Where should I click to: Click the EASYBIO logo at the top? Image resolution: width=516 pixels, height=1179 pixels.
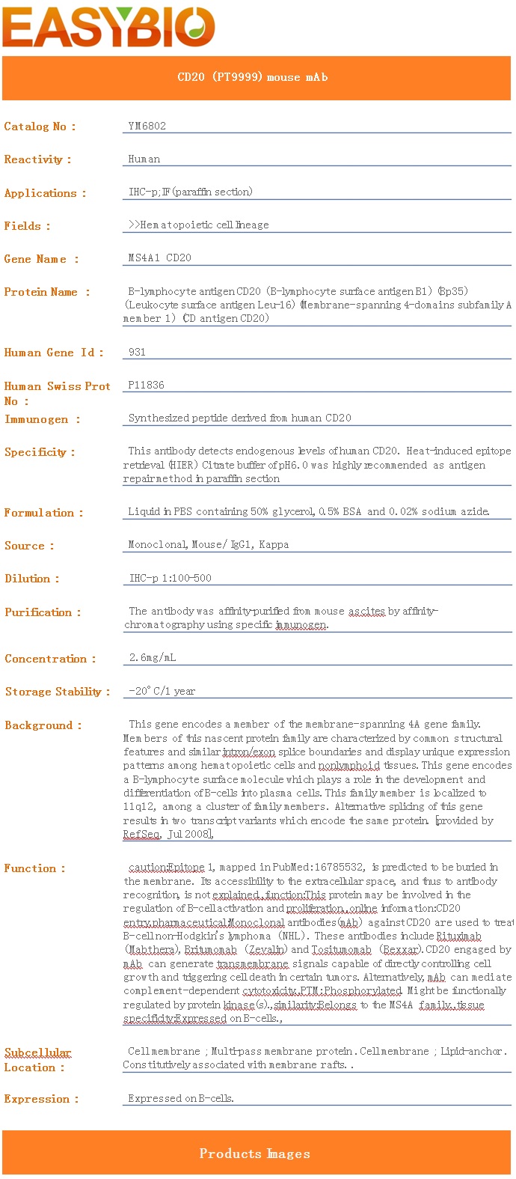(x=109, y=27)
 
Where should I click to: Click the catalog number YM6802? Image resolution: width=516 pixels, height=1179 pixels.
(x=147, y=126)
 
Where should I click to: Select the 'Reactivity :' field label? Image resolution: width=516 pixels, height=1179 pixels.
(x=37, y=159)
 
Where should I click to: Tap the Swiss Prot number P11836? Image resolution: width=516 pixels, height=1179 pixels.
(x=146, y=385)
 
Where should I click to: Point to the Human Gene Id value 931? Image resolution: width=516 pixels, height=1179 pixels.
(x=137, y=352)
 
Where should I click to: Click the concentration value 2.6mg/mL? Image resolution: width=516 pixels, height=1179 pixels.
(x=153, y=658)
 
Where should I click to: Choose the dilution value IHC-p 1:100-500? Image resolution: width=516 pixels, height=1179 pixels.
(x=170, y=578)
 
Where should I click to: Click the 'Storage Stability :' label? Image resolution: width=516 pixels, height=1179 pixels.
(x=57, y=692)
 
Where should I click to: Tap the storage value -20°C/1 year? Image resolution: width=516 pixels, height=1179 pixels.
(x=162, y=691)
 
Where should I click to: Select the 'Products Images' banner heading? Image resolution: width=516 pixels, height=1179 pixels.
(x=255, y=1154)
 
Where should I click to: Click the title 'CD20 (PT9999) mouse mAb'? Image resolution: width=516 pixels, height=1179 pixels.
(x=253, y=77)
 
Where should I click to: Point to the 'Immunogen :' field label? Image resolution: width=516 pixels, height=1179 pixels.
(x=42, y=419)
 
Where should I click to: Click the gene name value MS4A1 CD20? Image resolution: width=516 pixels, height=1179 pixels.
(x=159, y=258)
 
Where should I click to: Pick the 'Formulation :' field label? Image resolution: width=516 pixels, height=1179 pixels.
(x=43, y=513)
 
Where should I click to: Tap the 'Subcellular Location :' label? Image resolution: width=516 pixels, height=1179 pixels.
(x=37, y=1059)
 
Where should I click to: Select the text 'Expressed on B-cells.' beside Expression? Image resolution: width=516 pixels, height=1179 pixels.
(x=181, y=1098)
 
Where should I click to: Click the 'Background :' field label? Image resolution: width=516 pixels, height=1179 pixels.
(x=43, y=725)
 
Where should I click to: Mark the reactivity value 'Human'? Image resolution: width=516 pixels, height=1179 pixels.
(x=144, y=159)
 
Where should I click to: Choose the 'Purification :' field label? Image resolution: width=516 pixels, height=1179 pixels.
(x=42, y=612)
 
